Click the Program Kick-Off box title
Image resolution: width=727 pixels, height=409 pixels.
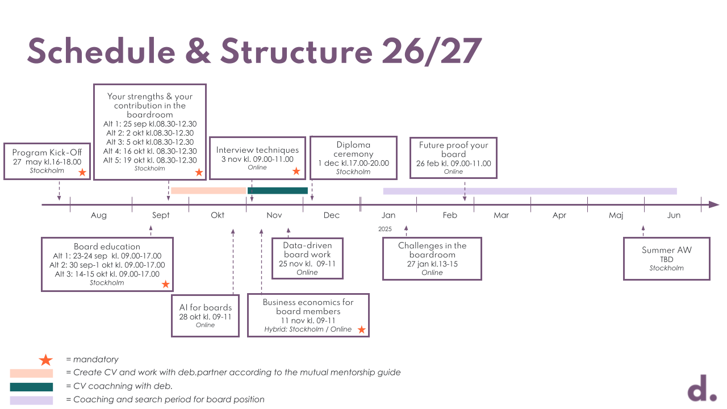point(47,152)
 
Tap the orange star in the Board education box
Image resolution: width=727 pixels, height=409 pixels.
point(165,284)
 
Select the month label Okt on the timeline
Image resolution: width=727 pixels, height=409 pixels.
point(218,215)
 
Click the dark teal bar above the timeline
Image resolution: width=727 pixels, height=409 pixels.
point(278,191)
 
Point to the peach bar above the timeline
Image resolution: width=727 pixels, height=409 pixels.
point(208,191)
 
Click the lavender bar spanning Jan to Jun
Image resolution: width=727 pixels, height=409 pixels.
point(530,191)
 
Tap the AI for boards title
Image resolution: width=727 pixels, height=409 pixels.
point(206,307)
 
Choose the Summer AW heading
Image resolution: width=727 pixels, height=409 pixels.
point(667,250)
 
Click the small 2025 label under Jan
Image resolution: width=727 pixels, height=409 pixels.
point(385,229)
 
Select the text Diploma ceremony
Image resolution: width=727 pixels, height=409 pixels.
point(353,149)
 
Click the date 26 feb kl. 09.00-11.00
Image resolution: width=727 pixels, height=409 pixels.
point(453,163)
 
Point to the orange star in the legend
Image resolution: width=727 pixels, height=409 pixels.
point(45,360)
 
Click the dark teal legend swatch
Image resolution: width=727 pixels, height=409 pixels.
point(31,387)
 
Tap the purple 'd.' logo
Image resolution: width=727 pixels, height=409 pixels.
point(702,389)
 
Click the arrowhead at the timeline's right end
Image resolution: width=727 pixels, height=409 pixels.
point(715,204)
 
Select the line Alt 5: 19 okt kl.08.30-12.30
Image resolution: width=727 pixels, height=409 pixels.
point(150,160)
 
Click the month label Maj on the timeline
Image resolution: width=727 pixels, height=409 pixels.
point(616,215)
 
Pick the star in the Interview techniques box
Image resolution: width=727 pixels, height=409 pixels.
point(296,170)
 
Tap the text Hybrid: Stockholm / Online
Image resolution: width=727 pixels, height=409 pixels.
point(308,329)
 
